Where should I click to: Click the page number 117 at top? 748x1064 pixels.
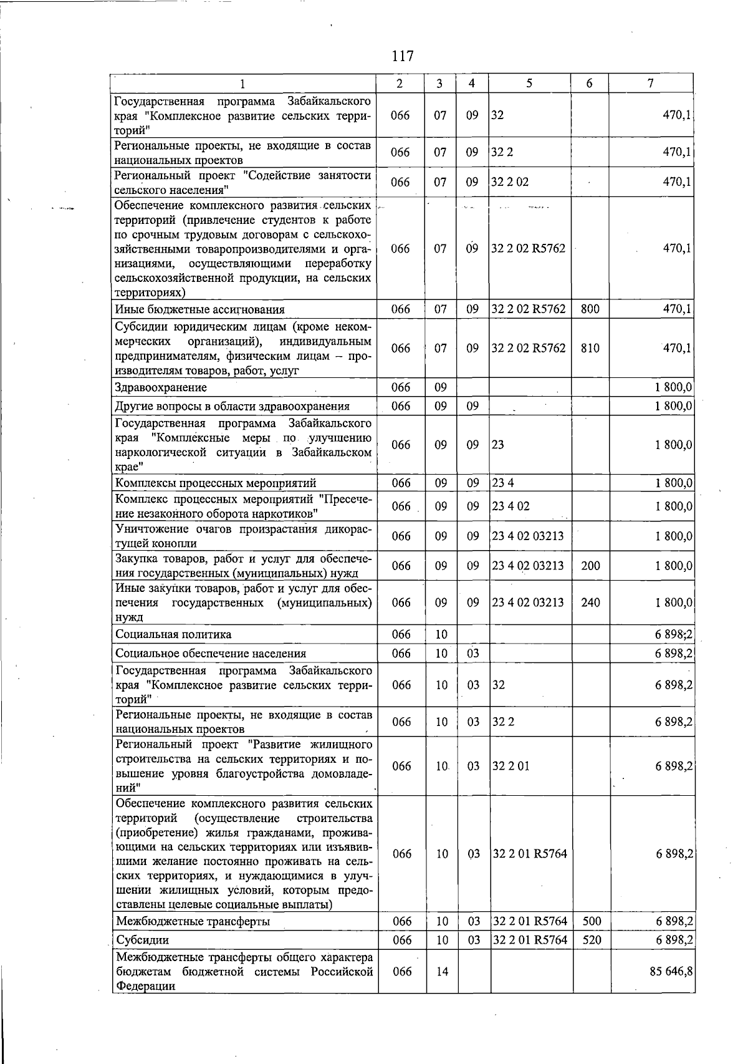click(x=403, y=56)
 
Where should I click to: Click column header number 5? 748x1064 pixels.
click(x=529, y=83)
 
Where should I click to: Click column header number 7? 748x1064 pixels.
click(x=650, y=83)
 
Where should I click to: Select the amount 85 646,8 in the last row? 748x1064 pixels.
click(x=672, y=972)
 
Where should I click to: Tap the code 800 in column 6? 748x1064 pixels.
click(x=590, y=309)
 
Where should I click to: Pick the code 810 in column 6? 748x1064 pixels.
click(x=590, y=348)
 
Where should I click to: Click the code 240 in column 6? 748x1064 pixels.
click(x=590, y=602)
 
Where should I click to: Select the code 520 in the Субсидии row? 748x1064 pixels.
click(x=591, y=940)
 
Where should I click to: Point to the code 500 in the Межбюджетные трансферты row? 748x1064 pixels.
click(x=591, y=921)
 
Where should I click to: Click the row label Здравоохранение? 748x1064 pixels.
click(x=161, y=387)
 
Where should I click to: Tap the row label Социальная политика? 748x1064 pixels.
click(x=173, y=634)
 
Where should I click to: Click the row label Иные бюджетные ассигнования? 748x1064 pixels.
click(x=199, y=309)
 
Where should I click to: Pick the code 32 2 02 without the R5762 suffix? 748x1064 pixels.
click(x=511, y=182)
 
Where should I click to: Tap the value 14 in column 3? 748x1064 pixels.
click(x=442, y=972)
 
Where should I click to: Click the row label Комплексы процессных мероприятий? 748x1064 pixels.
click(x=216, y=483)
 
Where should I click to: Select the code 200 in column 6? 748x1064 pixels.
click(x=590, y=566)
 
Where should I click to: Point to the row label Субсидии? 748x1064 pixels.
click(x=143, y=940)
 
